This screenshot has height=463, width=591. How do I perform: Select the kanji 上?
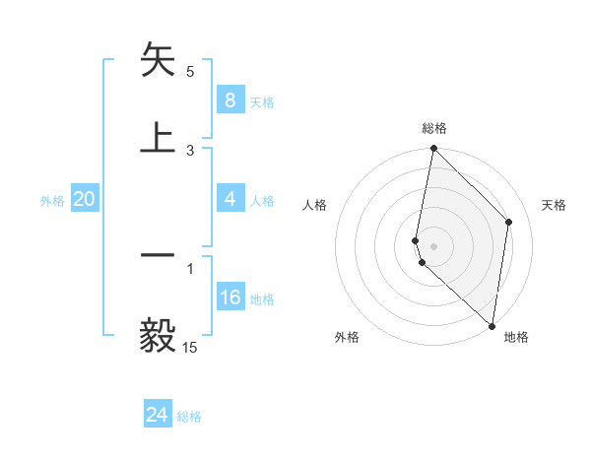[x=159, y=137]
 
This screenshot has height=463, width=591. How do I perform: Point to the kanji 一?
[x=159, y=256]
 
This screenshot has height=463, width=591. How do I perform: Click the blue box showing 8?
[x=230, y=100]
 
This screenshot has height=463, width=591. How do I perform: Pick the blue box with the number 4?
[x=230, y=200]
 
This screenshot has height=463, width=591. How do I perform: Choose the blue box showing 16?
[x=230, y=298]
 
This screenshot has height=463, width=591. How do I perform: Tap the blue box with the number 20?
[x=84, y=200]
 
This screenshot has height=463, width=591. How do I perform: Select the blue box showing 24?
[x=158, y=415]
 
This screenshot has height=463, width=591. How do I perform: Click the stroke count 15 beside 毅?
[x=189, y=348]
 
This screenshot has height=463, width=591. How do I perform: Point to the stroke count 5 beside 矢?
[x=190, y=72]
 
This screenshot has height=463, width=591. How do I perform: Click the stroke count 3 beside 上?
[x=190, y=150]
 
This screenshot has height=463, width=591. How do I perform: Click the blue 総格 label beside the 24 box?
[x=189, y=417]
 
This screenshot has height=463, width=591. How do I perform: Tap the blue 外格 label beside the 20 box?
[x=52, y=201]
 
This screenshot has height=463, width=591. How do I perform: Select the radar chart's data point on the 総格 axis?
[x=433, y=149]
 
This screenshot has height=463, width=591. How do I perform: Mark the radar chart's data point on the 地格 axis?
[x=492, y=326]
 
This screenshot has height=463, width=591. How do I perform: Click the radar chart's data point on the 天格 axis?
[x=509, y=222]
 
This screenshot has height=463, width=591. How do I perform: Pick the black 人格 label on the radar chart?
[x=315, y=205]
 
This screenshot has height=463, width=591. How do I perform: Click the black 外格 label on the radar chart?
[x=347, y=337]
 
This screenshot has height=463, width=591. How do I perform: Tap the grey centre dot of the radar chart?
[x=433, y=244]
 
